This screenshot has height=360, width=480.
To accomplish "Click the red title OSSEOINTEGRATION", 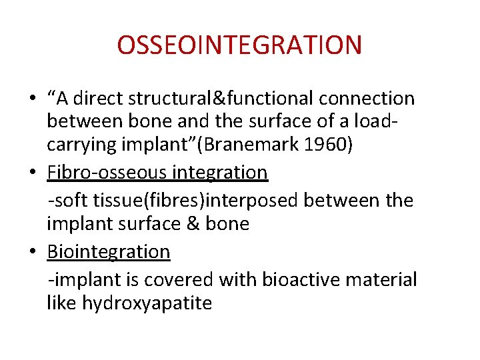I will tap(239, 45).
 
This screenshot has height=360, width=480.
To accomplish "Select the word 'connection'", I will tap(367, 99).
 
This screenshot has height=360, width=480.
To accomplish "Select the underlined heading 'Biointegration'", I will tap(109, 251).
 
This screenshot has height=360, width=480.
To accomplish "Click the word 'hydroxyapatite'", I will tap(147, 304).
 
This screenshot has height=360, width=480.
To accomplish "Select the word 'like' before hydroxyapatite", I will tap(62, 304).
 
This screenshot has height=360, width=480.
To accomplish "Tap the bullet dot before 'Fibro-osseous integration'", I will tap(32, 173).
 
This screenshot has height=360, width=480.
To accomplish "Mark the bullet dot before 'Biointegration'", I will tap(32, 253).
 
